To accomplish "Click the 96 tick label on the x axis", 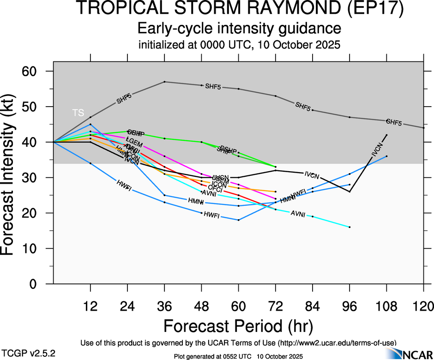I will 350,306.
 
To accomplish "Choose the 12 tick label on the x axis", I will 90,306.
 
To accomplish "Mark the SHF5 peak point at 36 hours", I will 165,82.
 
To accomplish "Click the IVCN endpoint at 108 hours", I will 386,135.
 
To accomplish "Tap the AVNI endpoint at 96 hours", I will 350,227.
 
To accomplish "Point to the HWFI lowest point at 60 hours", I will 239,220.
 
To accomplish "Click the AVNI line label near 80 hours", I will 298,213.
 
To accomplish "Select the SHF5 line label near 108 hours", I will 394,123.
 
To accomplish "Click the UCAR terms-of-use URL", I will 337,342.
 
